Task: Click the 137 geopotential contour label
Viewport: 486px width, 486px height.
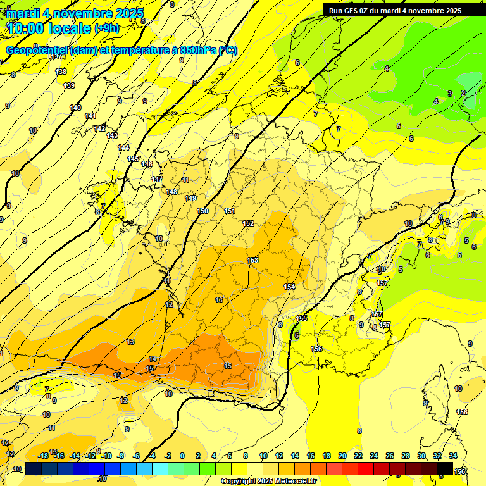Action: click(58, 56)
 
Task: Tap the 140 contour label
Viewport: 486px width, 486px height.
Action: click(75, 108)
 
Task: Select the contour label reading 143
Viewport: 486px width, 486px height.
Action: click(112, 135)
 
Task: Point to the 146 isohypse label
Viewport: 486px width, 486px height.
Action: click(147, 164)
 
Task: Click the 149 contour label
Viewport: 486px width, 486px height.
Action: click(190, 198)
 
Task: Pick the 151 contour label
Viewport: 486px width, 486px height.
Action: click(230, 211)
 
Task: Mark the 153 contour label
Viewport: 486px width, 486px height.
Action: click(252, 260)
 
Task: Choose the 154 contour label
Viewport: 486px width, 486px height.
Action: click(289, 287)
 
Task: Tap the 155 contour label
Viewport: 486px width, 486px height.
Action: click(301, 318)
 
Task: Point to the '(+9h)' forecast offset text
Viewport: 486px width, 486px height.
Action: click(106, 28)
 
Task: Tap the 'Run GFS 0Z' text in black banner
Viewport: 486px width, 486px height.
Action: click(351, 10)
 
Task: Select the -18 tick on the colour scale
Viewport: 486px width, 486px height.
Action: click(44, 456)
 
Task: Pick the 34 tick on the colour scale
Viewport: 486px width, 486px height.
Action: click(453, 456)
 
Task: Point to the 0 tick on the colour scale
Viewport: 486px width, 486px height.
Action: click(182, 456)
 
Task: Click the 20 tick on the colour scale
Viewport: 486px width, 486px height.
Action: click(342, 456)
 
